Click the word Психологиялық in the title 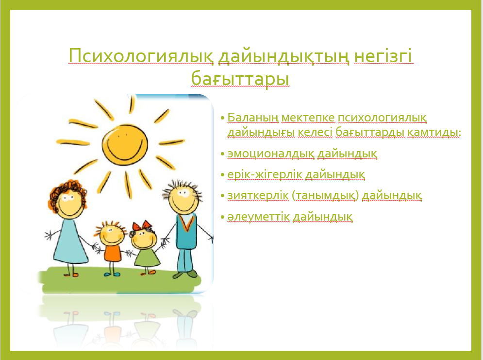(141, 56)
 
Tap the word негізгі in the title (383, 56)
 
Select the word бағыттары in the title (240, 78)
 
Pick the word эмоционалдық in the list (271, 154)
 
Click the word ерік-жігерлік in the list (265, 175)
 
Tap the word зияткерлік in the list (258, 195)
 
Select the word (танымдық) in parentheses (325, 196)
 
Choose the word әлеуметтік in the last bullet (259, 217)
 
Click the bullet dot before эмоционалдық (223, 154)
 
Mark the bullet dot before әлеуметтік (223, 217)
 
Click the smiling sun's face (125, 144)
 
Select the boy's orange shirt (113, 253)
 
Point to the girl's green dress (147, 258)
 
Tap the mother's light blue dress (70, 240)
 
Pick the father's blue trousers (186, 260)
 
